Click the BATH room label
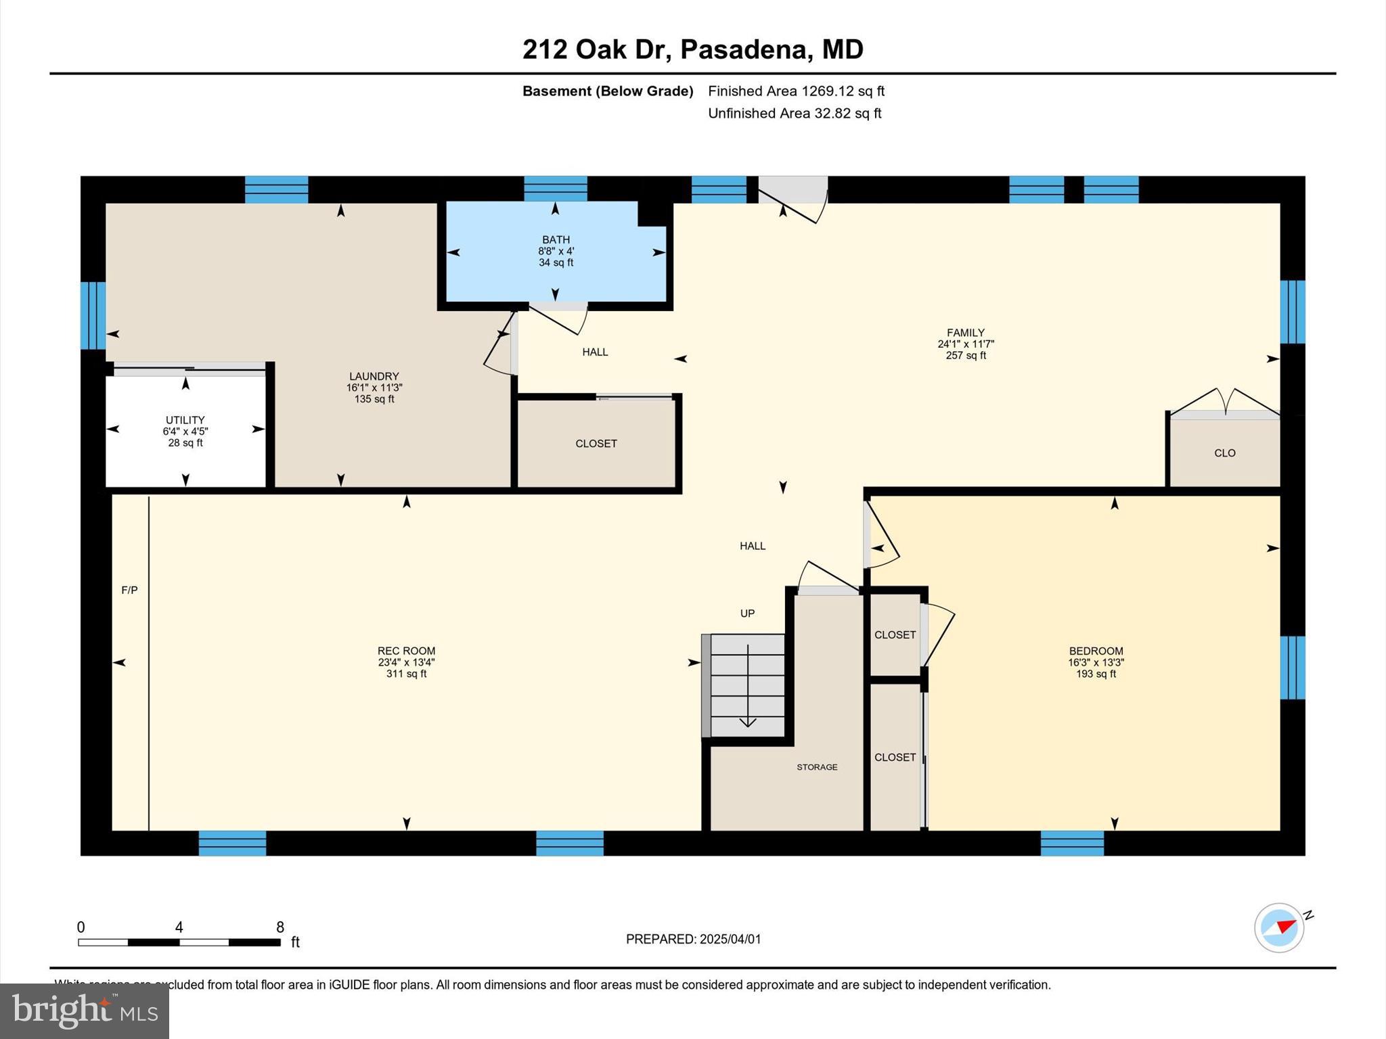[556, 239]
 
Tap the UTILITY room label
[185, 420]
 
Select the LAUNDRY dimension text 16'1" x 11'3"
[374, 388]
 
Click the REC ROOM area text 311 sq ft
[406, 674]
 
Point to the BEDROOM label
[1096, 651]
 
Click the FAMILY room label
[965, 333]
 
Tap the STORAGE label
[817, 767]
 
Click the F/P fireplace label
[129, 591]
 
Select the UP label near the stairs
[747, 614]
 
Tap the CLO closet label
[1224, 453]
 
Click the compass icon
[1279, 928]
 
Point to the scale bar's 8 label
[280, 927]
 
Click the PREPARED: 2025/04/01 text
[693, 939]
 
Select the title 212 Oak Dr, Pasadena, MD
[692, 49]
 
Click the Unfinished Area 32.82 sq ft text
[794, 114]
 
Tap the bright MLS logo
[85, 1011]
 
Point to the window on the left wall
[93, 315]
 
